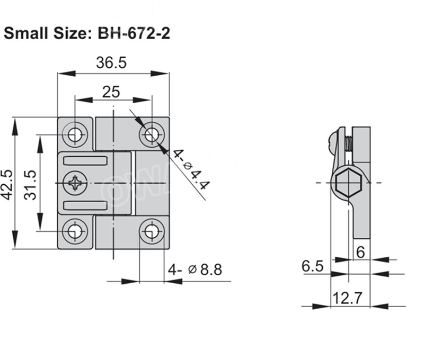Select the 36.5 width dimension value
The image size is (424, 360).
coord(111,63)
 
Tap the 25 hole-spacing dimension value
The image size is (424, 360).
coord(111,92)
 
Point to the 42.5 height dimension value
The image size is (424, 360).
coord(8,184)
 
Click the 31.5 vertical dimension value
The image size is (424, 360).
coord(31,184)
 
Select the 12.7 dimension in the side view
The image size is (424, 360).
coord(348,298)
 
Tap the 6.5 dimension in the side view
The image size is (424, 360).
coord(313,266)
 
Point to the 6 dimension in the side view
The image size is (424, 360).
coord(360,253)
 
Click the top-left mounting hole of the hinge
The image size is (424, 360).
coord(75,134)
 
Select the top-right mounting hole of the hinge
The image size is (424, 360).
coord(152,134)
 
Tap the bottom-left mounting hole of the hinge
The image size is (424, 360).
coord(75,231)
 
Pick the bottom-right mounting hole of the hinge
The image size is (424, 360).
coord(152,231)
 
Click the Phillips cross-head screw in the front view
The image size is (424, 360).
coord(75,183)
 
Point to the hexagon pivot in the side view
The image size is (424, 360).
coord(348,184)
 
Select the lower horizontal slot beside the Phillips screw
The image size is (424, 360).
coord(85,205)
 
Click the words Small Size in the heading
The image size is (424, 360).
coord(48,33)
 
